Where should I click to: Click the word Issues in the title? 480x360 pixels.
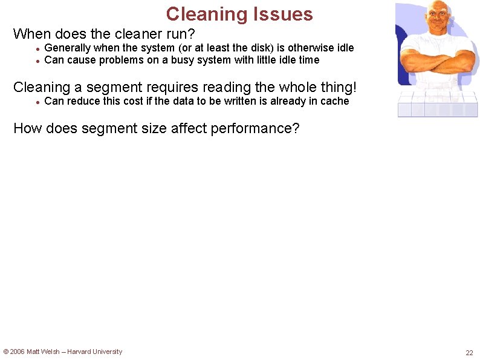click(x=284, y=14)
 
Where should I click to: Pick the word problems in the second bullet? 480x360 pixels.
click(x=122, y=60)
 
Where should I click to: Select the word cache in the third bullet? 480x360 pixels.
click(x=335, y=101)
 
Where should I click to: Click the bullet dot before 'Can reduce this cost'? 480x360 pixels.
click(x=37, y=102)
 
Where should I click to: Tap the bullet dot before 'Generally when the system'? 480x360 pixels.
click(x=37, y=48)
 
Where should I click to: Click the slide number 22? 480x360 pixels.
click(x=469, y=353)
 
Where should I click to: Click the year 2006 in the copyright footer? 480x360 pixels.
click(x=17, y=352)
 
